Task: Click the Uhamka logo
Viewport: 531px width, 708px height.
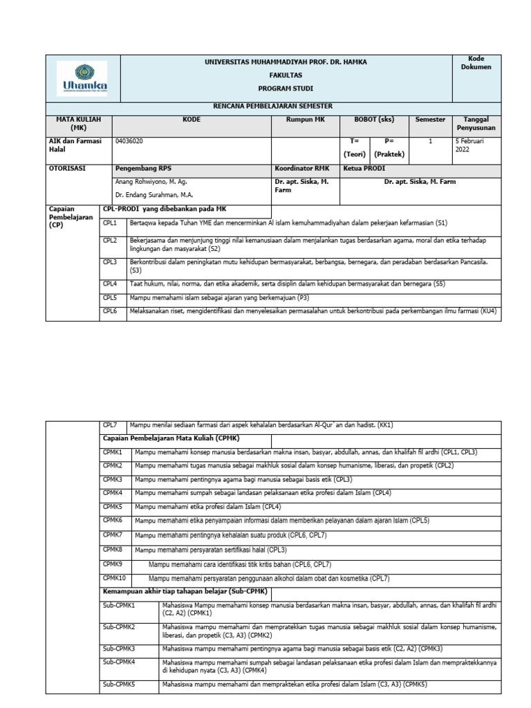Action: (x=82, y=78)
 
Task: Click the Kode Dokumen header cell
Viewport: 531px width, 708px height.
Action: (x=476, y=63)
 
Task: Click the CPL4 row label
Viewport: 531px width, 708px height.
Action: (x=111, y=283)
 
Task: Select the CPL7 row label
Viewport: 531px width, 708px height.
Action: (x=111, y=425)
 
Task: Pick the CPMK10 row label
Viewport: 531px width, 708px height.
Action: (x=115, y=577)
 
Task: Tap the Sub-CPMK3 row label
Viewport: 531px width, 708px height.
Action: (x=119, y=648)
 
